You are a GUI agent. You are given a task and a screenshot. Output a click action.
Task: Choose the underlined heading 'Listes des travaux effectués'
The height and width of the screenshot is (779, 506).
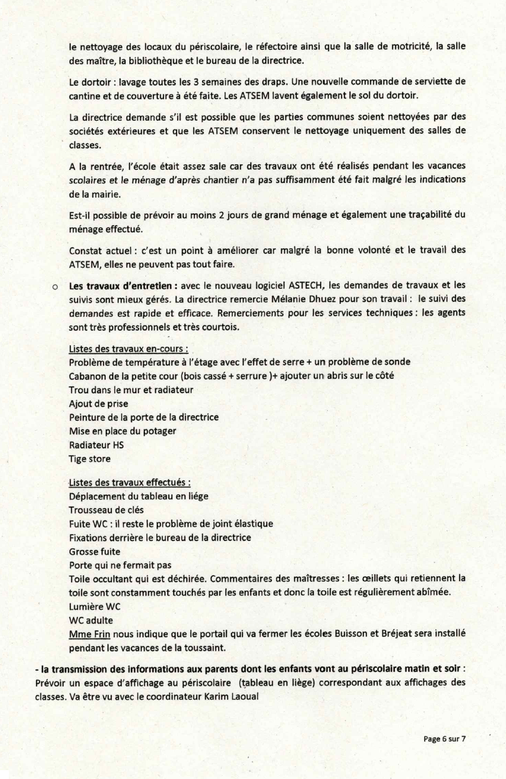coord(130,482)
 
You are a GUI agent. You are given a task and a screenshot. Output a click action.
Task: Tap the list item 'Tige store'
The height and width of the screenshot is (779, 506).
coord(90,459)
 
